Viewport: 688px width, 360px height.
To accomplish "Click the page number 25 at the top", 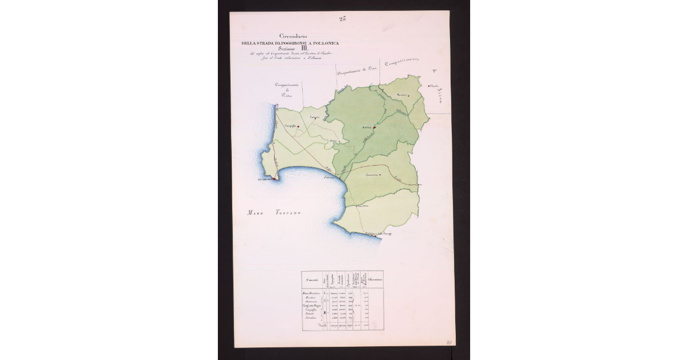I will point(342,19).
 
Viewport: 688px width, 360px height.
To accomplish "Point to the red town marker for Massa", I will point(373,128).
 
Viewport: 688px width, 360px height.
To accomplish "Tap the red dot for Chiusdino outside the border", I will point(428,87).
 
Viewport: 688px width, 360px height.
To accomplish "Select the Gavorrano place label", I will point(373,175).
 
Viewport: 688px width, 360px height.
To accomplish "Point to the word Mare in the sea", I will point(254,213).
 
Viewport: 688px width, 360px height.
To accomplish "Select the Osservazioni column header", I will point(376,279).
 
